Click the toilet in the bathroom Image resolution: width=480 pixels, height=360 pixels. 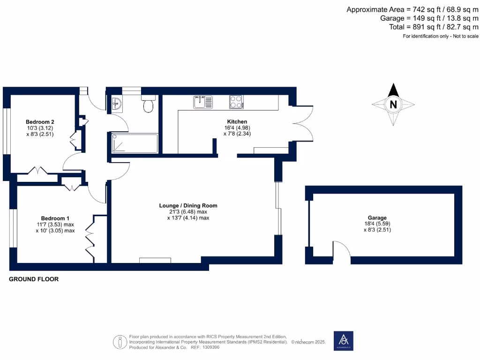[148, 104]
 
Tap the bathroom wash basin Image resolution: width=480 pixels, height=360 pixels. [117, 104]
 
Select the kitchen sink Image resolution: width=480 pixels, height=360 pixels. [203, 102]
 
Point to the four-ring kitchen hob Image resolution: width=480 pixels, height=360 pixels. [236, 102]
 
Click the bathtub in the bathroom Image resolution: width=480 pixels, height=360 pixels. [135, 143]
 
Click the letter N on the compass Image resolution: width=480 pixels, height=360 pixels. [393, 105]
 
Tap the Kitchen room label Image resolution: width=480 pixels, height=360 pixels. [237, 121]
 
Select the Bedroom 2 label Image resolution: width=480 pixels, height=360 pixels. [40, 122]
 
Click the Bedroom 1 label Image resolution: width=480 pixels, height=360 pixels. [55, 218]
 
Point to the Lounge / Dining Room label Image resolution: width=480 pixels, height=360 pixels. [188, 205]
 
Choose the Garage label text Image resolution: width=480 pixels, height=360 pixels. [377, 217]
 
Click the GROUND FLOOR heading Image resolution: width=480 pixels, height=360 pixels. [34, 279]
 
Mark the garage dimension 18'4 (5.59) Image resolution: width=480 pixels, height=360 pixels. [377, 224]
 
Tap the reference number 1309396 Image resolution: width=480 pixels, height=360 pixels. [211, 347]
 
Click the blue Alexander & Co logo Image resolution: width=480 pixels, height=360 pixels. [344, 341]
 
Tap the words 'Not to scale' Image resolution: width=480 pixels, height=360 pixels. [465, 36]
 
